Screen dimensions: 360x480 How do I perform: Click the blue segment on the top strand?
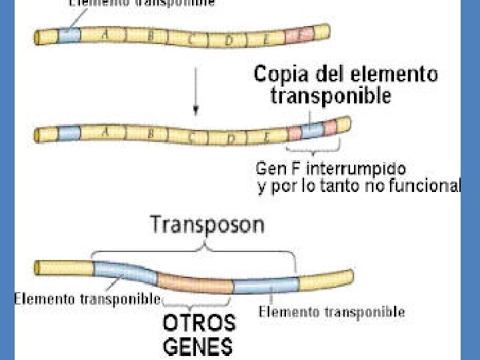pos(69,35)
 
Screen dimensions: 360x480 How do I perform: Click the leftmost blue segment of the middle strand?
pos(69,133)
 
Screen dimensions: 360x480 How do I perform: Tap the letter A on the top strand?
pos(105,36)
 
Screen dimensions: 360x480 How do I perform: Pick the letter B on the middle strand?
pos(151,134)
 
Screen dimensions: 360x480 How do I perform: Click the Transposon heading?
pos(207,225)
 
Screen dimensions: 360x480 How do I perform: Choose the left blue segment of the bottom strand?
pos(124,273)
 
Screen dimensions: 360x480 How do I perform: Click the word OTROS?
pos(199,324)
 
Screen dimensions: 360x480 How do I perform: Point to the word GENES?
pos(198,346)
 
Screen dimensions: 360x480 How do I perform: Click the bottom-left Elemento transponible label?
pos(87,298)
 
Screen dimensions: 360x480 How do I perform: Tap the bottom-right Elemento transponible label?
pos(331,311)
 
